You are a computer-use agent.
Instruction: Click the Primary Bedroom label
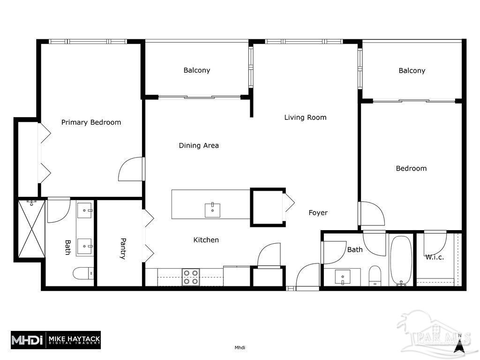coord(91,122)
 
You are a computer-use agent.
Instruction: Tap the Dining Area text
coord(199,145)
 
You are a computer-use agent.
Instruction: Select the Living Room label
coord(305,117)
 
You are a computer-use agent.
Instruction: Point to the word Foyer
coord(318,213)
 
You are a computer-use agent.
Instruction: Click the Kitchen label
coord(206,240)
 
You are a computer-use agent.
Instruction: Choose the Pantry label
coord(123,248)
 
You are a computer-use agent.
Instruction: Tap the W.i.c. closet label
coord(435,257)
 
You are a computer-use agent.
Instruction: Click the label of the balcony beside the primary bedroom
coord(196,70)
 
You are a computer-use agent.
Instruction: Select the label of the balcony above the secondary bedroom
coord(412,71)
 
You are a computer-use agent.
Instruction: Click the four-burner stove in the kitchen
coord(191,277)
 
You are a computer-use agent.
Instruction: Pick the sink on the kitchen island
coord(212,209)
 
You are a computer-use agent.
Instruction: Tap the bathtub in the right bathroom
coord(401,260)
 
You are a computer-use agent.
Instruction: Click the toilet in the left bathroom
coord(83,273)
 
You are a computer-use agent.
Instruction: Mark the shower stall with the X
coord(31,229)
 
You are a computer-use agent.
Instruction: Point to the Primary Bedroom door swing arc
coord(130,169)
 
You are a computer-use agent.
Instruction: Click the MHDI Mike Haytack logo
coord(56,340)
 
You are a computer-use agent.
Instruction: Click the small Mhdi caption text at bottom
coord(240,347)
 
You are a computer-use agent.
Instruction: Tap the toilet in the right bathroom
coord(375,276)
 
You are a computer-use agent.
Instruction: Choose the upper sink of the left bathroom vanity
coord(85,210)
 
